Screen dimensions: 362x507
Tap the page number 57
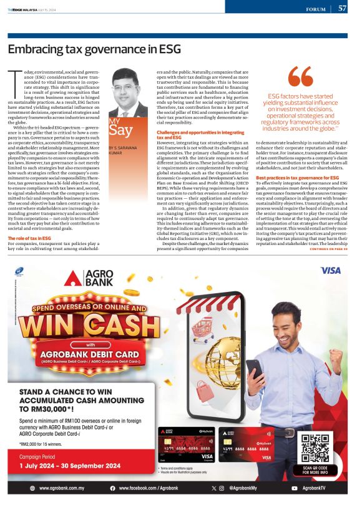point(342,9)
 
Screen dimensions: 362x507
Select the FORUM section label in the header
point(320,10)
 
